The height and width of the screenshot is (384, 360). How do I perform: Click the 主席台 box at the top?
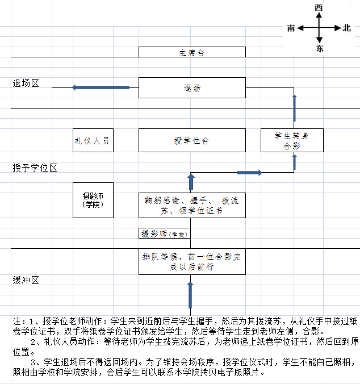(192, 52)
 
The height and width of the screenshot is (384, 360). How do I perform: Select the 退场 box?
(192, 87)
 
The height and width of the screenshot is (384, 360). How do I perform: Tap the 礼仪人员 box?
(93, 140)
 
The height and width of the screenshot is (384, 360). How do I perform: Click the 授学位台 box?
(192, 140)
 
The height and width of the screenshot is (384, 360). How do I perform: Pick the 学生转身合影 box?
(292, 140)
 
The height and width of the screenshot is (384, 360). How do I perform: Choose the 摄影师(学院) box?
(93, 200)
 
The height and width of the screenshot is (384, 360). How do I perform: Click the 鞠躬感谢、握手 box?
(192, 205)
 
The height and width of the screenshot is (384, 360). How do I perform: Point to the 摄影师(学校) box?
(165, 233)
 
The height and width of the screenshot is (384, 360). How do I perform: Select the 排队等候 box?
(192, 261)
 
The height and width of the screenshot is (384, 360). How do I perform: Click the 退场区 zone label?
(26, 84)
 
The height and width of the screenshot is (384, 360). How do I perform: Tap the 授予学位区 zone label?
(35, 168)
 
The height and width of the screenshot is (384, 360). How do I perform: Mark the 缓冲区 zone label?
(26, 280)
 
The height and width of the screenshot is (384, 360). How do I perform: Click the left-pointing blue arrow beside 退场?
(101, 87)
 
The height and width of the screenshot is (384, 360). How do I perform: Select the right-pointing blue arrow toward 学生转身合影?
(249, 173)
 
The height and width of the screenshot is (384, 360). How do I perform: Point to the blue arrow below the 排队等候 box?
(190, 295)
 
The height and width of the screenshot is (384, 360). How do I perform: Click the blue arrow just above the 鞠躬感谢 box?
(191, 181)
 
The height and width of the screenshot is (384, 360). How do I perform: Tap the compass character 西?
(319, 7)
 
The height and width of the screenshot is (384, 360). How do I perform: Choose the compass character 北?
(346, 28)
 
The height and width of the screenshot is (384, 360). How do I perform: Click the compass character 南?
(291, 28)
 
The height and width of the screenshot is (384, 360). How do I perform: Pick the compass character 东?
(320, 48)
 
